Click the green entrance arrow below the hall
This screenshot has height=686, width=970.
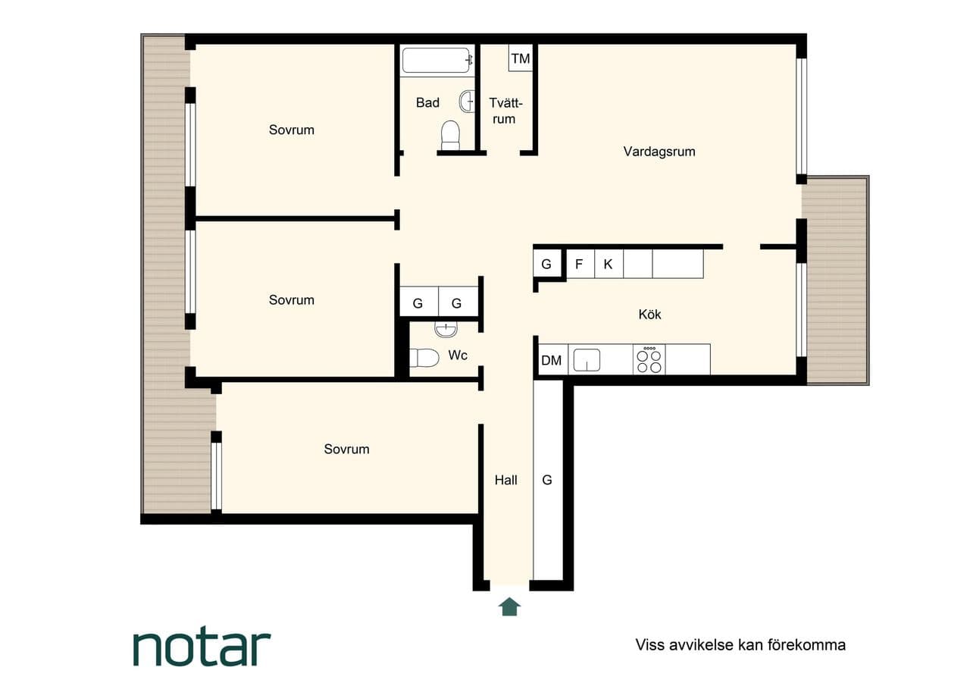(x=509, y=606)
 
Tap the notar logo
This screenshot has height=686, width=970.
(x=202, y=648)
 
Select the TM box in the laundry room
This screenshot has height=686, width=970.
(x=521, y=58)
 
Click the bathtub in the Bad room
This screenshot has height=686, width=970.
(x=437, y=60)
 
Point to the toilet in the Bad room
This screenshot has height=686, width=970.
(x=450, y=135)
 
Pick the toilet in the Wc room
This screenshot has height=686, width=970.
(x=424, y=358)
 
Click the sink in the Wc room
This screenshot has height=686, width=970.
(x=446, y=329)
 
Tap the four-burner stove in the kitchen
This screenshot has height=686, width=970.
(x=649, y=359)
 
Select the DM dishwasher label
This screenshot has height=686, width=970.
(x=551, y=360)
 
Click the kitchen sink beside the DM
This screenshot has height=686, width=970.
(x=587, y=360)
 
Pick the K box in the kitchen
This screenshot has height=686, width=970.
(x=609, y=264)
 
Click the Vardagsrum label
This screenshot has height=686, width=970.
(x=659, y=152)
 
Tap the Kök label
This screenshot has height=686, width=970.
(x=649, y=314)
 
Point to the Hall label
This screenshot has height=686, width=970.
(x=505, y=480)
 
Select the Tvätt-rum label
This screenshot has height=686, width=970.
(x=505, y=111)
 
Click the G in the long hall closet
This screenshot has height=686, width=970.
(x=547, y=480)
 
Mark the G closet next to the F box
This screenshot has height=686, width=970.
(x=547, y=264)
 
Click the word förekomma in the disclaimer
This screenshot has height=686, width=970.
(x=807, y=645)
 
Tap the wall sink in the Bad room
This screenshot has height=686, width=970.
(x=467, y=102)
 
